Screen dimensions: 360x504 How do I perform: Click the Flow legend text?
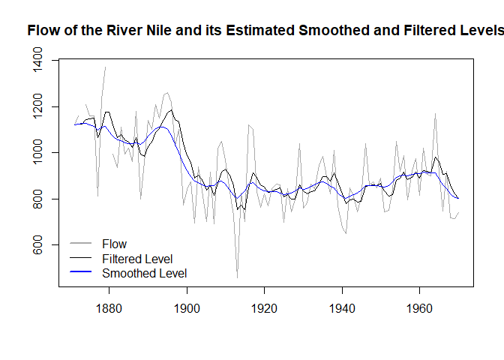115,244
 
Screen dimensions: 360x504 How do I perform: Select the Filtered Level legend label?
137,259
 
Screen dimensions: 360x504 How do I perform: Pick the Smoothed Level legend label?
144,274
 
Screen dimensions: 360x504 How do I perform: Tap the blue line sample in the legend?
80,274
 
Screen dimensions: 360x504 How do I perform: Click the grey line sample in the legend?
80,244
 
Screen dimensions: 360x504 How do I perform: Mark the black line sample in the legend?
80,259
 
